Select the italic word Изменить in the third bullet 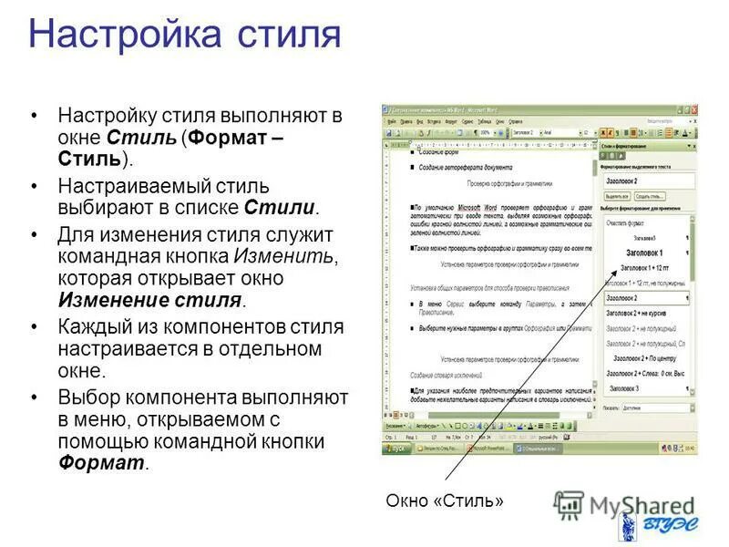(285, 256)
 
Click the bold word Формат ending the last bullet (102, 463)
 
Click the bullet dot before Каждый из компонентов (35, 327)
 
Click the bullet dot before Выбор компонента (35, 398)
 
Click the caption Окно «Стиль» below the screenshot (444, 501)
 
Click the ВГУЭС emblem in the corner (629, 527)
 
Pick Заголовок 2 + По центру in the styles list (643, 358)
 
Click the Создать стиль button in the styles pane (650, 196)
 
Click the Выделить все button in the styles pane (617, 196)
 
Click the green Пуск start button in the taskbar (394, 448)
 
